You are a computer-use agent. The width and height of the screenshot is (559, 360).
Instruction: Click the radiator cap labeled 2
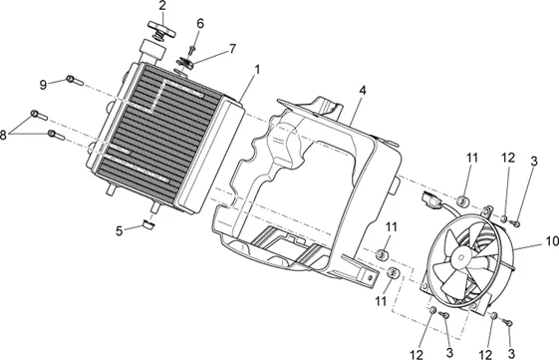pyautogui.click(x=161, y=30)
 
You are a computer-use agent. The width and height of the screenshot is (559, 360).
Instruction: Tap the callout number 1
pyautogui.click(x=257, y=69)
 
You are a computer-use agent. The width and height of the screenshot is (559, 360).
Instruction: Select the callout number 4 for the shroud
pyautogui.click(x=363, y=91)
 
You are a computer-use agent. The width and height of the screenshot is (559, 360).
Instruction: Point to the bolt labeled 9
pyautogui.click(x=75, y=81)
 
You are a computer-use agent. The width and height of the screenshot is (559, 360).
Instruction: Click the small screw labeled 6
pyautogui.click(x=192, y=50)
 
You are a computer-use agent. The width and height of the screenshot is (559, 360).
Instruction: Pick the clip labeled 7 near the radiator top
pyautogui.click(x=185, y=63)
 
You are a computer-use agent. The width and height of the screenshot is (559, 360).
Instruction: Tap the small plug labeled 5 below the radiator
pyautogui.click(x=147, y=224)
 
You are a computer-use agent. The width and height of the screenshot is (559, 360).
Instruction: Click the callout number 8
pyautogui.click(x=3, y=136)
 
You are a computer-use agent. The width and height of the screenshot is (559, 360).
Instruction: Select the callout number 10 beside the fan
pyautogui.click(x=552, y=241)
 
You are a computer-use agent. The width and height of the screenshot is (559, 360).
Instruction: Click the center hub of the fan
pyautogui.click(x=460, y=256)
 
